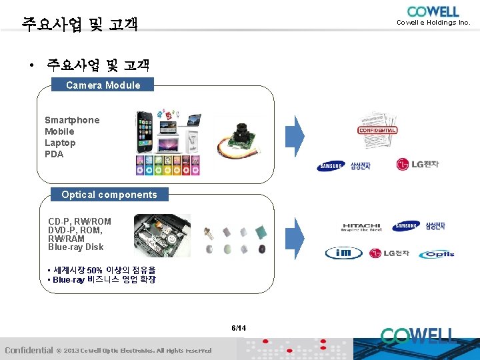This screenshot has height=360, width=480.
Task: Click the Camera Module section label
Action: pos(103,85)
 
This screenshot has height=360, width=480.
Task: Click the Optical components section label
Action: pos(109,195)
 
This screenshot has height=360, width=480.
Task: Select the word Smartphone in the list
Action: pos(72,120)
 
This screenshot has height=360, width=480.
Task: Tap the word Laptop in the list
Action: pos(60,143)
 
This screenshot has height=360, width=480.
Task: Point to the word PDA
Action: pos(54,154)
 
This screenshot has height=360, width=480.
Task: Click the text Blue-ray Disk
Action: pos(75,247)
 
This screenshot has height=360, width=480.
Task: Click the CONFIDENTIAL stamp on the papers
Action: pos(377,130)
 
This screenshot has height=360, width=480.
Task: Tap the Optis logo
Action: pos(437,254)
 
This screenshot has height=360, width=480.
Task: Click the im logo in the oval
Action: pos(343,253)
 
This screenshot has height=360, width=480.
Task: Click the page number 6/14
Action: pos(239,328)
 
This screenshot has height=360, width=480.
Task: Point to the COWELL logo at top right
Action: pos(433,11)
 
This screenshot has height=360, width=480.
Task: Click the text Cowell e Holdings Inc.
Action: pos(433,23)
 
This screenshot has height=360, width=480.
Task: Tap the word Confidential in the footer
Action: pos(29,350)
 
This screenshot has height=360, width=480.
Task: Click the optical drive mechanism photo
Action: pos(162,235)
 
